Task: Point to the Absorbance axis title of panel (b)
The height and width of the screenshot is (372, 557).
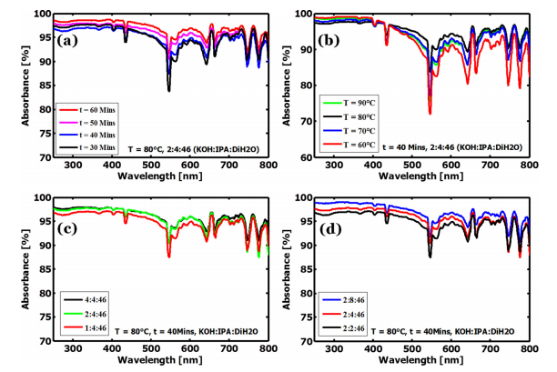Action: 292,86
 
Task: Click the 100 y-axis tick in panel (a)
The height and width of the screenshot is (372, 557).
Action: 35,15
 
